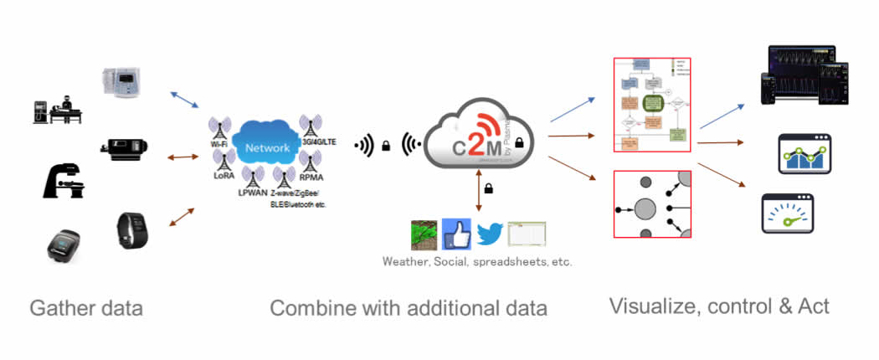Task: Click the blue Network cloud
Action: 267,147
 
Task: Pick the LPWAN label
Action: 250,193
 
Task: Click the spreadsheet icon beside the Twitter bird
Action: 527,234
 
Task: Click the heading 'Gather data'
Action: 86,308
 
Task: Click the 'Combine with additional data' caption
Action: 409,308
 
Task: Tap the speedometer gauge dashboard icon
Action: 787,213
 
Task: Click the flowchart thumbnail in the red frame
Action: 651,105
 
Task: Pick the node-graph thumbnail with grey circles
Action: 651,204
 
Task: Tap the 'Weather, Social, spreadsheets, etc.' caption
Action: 477,262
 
